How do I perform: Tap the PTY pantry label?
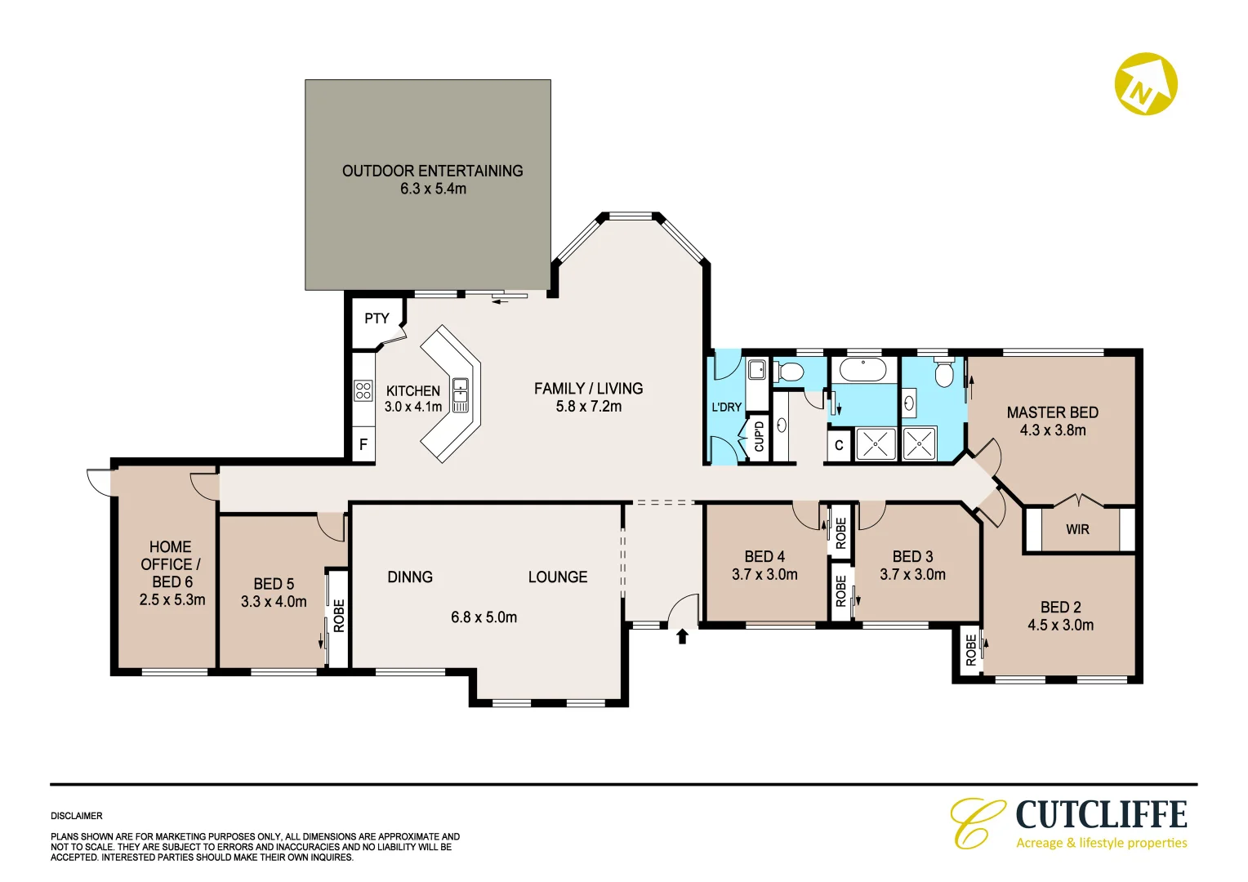pyautogui.click(x=377, y=318)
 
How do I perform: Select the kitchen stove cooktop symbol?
pyautogui.click(x=363, y=390)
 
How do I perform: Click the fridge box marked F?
pyautogui.click(x=363, y=444)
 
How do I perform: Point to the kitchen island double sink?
pyautogui.click(x=460, y=394)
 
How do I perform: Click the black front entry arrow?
pyautogui.click(x=682, y=636)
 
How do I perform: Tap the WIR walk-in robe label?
pyautogui.click(x=1077, y=529)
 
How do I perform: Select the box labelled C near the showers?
pyautogui.click(x=839, y=445)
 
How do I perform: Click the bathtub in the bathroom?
pyautogui.click(x=863, y=369)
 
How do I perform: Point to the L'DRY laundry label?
pyautogui.click(x=727, y=408)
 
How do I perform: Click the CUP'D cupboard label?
pyautogui.click(x=759, y=437)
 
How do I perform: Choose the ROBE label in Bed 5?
pyautogui.click(x=339, y=616)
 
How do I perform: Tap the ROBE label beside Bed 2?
pyautogui.click(x=971, y=650)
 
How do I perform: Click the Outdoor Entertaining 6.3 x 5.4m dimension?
pyautogui.click(x=433, y=189)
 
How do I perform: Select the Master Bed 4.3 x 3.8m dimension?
pyautogui.click(x=1053, y=430)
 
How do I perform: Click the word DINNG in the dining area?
pyautogui.click(x=410, y=577)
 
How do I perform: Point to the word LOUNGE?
pyautogui.click(x=558, y=577)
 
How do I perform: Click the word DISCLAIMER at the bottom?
pyautogui.click(x=76, y=816)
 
